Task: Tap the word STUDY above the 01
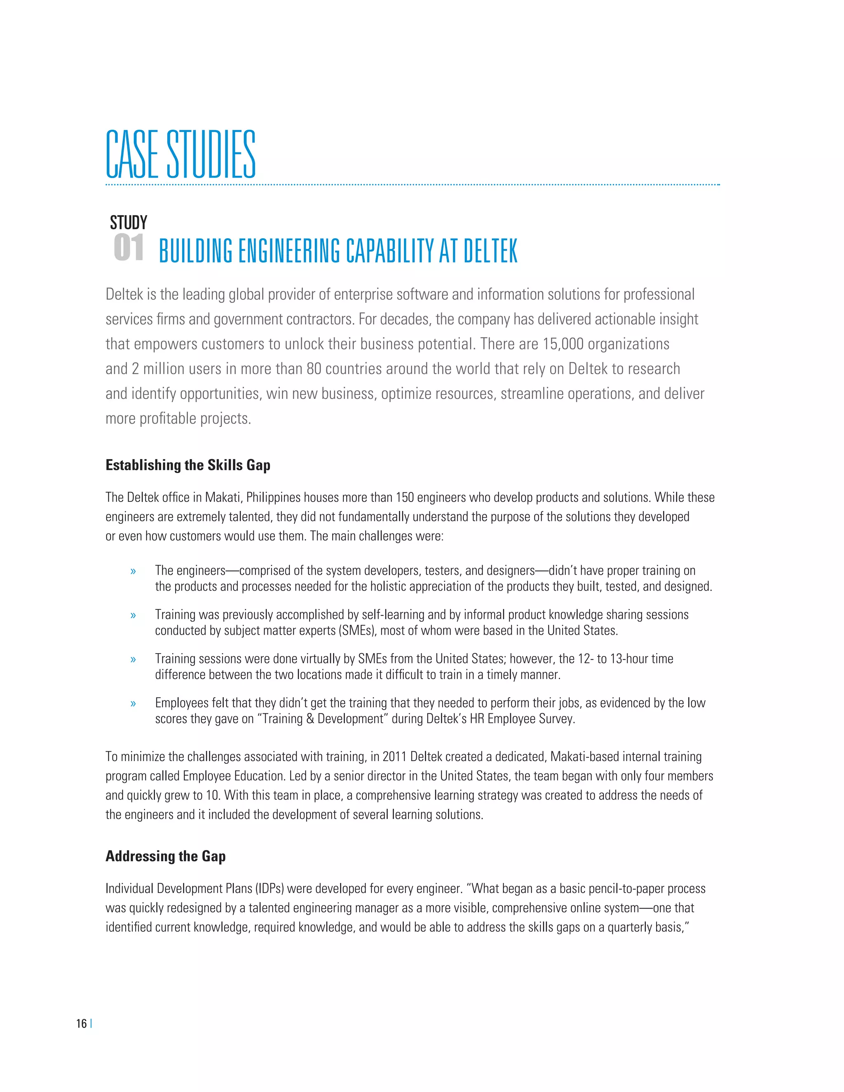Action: [129, 223]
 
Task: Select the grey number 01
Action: [129, 248]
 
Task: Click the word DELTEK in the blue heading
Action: [490, 251]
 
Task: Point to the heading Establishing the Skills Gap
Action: [188, 465]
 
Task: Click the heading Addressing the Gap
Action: [166, 856]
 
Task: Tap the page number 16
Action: [81, 1024]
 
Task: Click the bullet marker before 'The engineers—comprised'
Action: [133, 572]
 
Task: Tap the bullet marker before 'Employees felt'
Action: [133, 703]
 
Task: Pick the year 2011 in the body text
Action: [394, 757]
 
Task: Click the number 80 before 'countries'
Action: [314, 369]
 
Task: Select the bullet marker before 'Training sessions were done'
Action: [133, 659]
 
